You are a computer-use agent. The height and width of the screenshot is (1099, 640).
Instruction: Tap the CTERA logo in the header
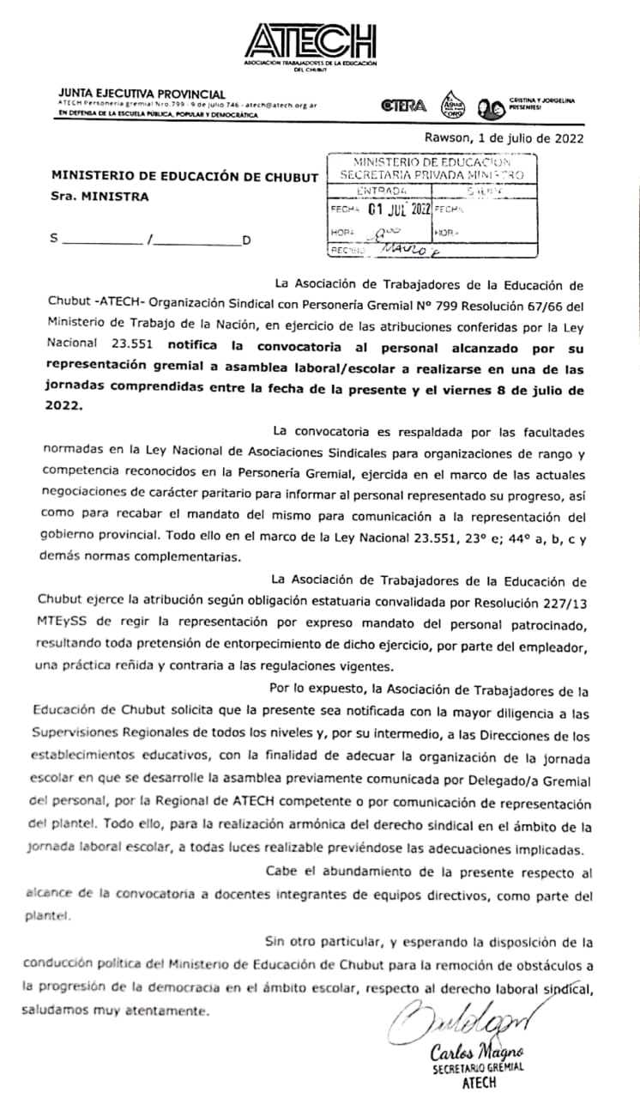(x=403, y=106)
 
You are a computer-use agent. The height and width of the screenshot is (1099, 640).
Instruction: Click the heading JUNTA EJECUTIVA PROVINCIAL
(x=142, y=94)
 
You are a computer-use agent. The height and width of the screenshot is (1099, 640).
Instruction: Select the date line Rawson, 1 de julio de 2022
(x=504, y=137)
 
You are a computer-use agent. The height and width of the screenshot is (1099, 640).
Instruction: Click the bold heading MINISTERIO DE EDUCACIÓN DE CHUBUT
(x=184, y=177)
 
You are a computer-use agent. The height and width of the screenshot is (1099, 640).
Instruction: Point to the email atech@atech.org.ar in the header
(x=281, y=104)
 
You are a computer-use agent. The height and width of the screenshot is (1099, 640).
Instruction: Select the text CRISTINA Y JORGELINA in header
(x=541, y=100)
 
